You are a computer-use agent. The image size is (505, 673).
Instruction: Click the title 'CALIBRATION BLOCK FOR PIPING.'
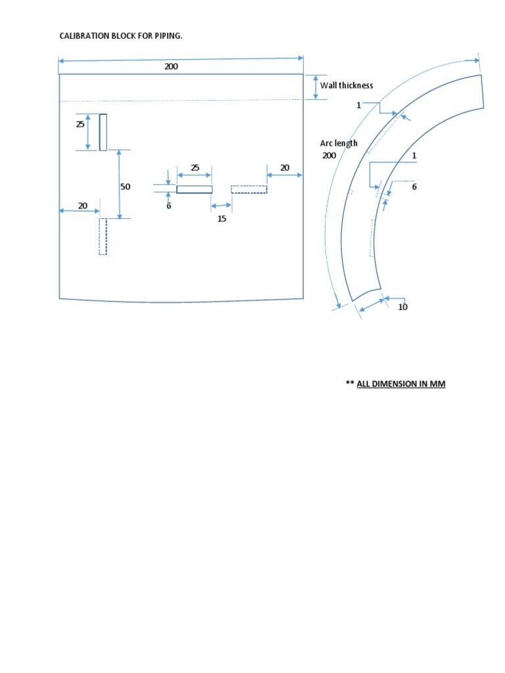point(121,35)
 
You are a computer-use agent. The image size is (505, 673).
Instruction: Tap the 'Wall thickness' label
point(347,85)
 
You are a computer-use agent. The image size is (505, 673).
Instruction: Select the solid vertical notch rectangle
point(103,132)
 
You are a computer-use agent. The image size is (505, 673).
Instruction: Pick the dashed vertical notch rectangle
point(103,237)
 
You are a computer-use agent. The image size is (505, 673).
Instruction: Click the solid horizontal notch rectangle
point(195,189)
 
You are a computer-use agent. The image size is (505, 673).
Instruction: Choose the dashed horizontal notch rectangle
point(249,189)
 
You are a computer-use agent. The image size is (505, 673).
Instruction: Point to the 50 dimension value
point(125,187)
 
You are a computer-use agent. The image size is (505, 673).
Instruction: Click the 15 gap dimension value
point(222,218)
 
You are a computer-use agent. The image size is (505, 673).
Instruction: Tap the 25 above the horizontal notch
point(195,168)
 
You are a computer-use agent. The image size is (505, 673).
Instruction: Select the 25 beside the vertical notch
point(80,124)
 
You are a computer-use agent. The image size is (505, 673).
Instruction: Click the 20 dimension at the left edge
point(83,206)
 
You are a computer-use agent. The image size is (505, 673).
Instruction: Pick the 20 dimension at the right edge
point(285,168)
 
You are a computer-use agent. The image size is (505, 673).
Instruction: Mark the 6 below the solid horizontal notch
point(168,206)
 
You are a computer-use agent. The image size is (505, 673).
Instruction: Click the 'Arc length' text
point(339,143)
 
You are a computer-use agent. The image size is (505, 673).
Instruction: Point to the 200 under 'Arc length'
point(329,156)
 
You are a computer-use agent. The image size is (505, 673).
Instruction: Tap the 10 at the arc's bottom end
point(403,307)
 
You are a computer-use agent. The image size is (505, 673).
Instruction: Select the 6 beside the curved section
point(414,187)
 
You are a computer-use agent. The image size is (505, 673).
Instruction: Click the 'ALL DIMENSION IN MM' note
point(401,384)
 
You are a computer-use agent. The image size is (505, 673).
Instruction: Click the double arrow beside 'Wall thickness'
point(315,87)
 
